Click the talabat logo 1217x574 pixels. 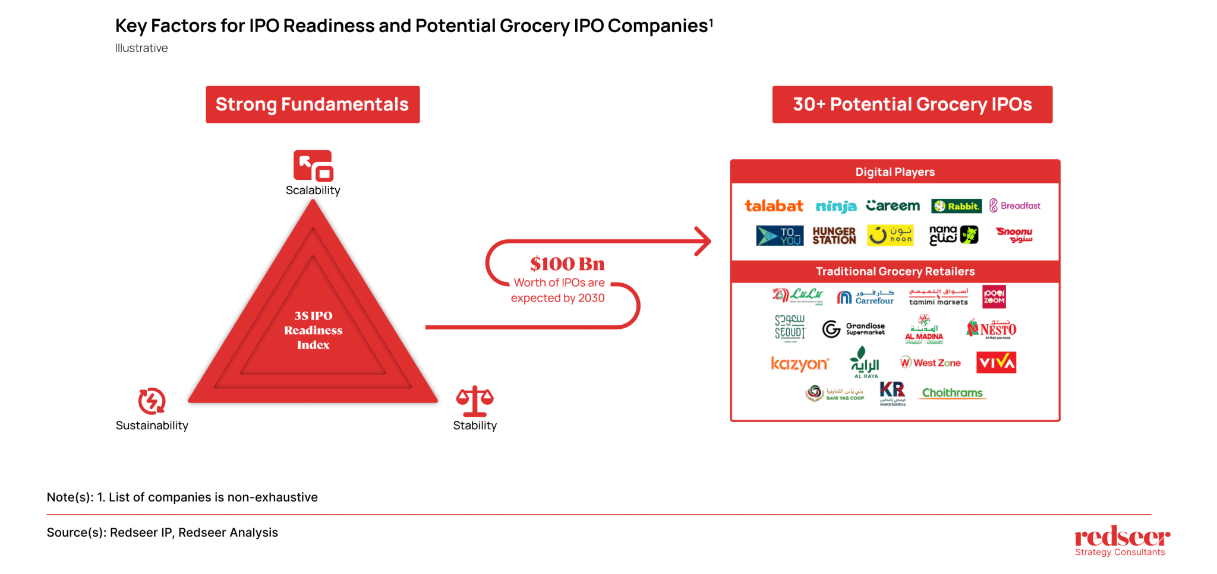tap(774, 206)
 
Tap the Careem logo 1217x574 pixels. tap(893, 206)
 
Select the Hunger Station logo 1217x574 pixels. tap(834, 236)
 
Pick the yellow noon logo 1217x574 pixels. tap(890, 235)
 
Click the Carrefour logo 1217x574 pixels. tap(865, 297)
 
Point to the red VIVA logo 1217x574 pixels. tap(996, 363)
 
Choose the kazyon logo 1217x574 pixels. tap(799, 364)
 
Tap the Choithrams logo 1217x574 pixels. tap(952, 393)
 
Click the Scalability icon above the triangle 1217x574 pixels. tap(313, 166)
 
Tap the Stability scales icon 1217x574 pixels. tap(474, 402)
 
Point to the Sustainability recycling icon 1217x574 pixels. tap(152, 401)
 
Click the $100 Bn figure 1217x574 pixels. tap(567, 264)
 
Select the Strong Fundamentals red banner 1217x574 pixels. tap(313, 104)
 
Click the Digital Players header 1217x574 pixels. tap(895, 172)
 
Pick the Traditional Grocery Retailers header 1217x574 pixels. tap(895, 271)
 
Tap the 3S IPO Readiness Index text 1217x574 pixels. tap(313, 330)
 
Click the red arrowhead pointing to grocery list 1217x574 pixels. tap(704, 241)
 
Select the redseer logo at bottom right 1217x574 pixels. tap(1121, 540)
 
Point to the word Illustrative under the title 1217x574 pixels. tap(141, 48)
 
